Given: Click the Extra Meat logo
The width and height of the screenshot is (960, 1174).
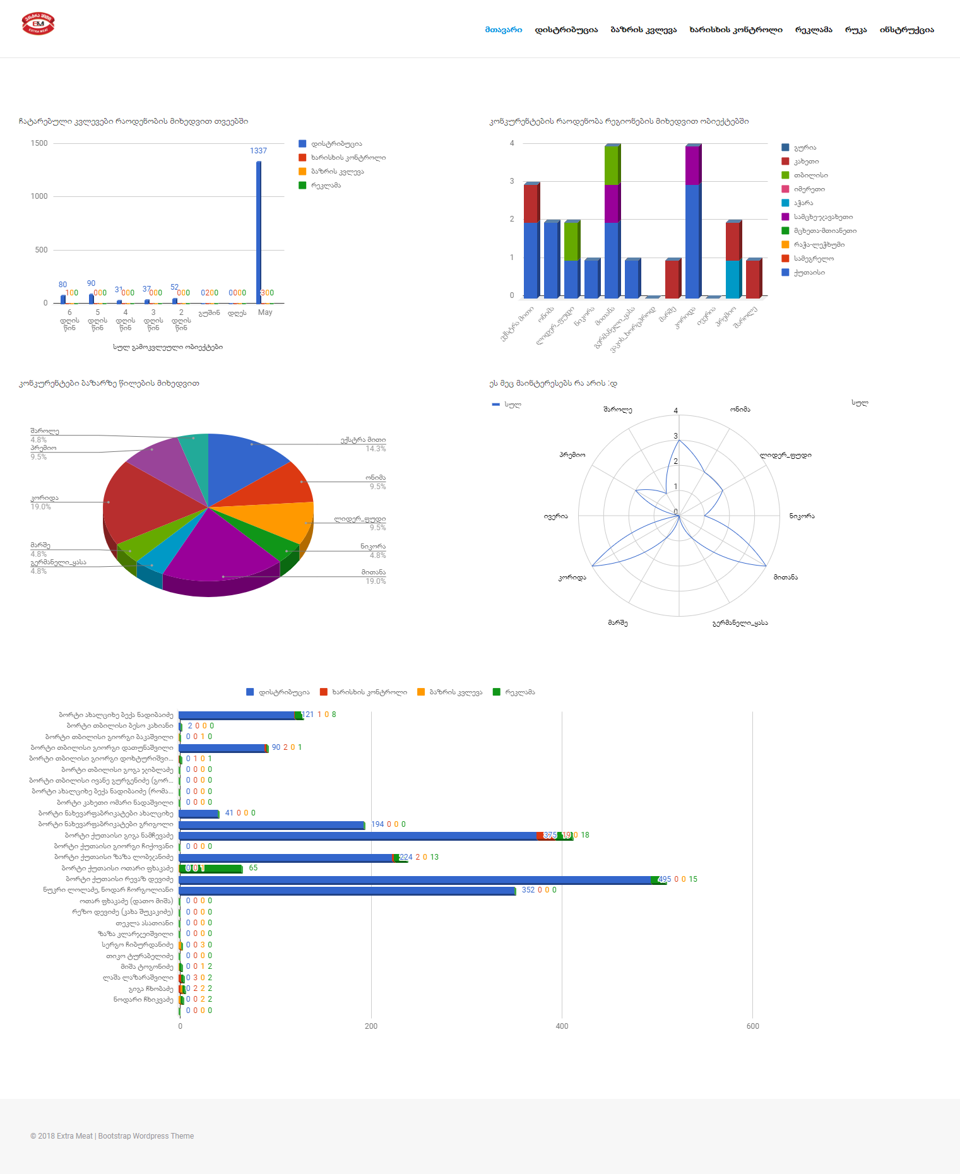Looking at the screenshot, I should click(38, 24).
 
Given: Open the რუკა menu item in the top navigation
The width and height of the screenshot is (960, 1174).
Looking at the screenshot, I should click(855, 30).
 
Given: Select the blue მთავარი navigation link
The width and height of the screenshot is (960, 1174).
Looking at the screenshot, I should click(503, 30).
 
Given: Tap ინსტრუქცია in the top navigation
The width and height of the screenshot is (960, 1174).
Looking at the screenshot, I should click(906, 30).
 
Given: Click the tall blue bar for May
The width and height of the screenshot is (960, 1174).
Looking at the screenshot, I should click(259, 234).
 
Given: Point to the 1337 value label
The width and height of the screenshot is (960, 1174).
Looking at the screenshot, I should click(258, 151).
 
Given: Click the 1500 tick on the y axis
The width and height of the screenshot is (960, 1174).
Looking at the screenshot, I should click(39, 143).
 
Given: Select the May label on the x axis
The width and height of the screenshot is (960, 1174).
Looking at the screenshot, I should click(265, 312).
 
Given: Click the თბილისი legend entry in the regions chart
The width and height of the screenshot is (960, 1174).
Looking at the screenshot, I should click(810, 175).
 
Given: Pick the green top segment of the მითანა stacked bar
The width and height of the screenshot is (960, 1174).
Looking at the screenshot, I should click(612, 165).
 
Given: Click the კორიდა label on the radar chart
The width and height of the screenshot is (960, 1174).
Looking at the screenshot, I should click(572, 578).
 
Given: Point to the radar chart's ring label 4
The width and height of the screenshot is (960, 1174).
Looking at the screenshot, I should click(676, 411).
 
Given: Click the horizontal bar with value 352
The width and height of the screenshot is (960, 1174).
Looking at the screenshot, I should click(347, 891).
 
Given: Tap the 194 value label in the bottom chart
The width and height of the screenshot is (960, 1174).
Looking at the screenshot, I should click(377, 824).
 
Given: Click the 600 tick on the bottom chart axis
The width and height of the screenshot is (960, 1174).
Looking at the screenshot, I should click(752, 1026).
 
